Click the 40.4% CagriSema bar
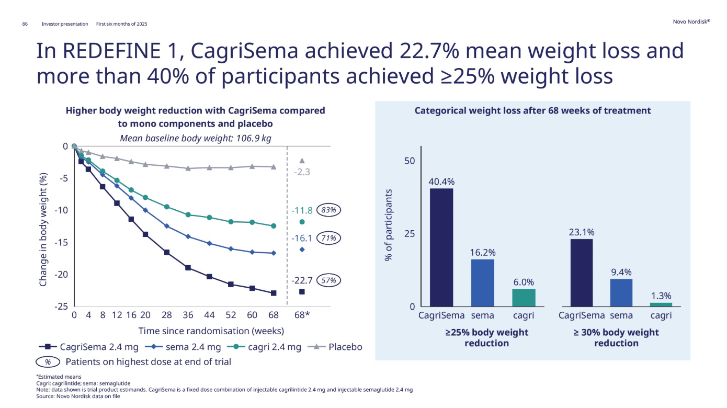tap(441, 247)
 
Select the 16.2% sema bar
tap(482, 282)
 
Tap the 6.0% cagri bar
tap(524, 297)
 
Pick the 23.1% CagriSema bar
tap(581, 272)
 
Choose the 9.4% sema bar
tap(621, 292)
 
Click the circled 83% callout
tap(329, 210)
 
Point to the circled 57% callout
tap(329, 280)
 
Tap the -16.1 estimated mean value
tap(301, 239)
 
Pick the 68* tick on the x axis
tap(302, 315)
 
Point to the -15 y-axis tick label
tap(62, 242)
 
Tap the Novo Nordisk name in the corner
tap(691, 21)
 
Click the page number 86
tap(25, 24)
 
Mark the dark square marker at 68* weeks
tap(302, 292)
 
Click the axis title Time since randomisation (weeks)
tap(211, 331)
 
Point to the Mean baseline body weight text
tap(196, 138)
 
